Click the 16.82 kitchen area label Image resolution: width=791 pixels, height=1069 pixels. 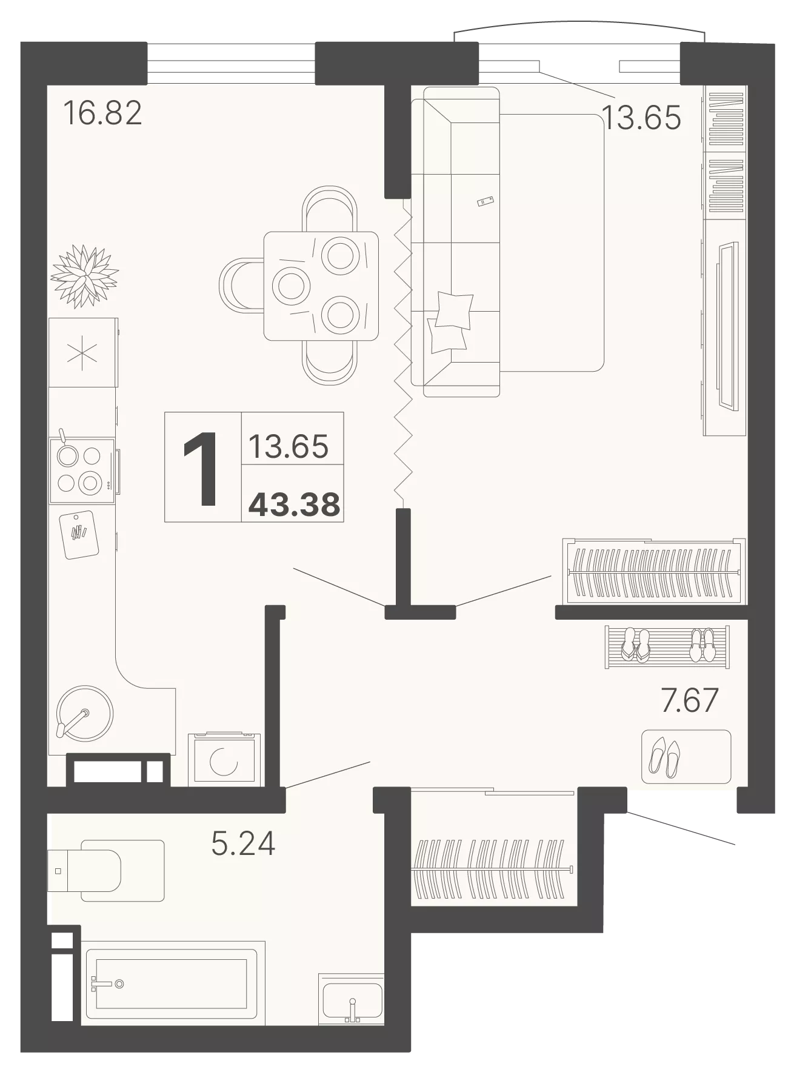click(103, 113)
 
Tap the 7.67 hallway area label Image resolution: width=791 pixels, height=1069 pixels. click(689, 700)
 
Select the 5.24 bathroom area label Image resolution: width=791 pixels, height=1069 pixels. click(243, 843)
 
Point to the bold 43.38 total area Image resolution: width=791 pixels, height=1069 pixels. click(295, 504)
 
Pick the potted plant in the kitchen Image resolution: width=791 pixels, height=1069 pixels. click(84, 276)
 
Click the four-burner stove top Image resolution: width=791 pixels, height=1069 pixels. click(82, 471)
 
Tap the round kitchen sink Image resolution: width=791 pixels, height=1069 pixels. click(84, 714)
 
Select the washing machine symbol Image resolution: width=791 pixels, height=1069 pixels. click(224, 760)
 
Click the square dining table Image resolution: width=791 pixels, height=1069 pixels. click(321, 286)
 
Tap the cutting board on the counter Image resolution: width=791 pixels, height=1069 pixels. click(79, 535)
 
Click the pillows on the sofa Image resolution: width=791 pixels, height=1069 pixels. click(450, 321)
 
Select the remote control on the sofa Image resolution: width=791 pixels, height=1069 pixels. click(486, 201)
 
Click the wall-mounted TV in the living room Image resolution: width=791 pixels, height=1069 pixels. click(727, 326)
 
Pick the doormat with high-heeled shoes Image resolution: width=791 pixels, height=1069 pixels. click(686, 757)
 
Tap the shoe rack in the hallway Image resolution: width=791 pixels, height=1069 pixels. click(667, 647)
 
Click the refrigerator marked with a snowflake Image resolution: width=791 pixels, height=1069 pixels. click(83, 352)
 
